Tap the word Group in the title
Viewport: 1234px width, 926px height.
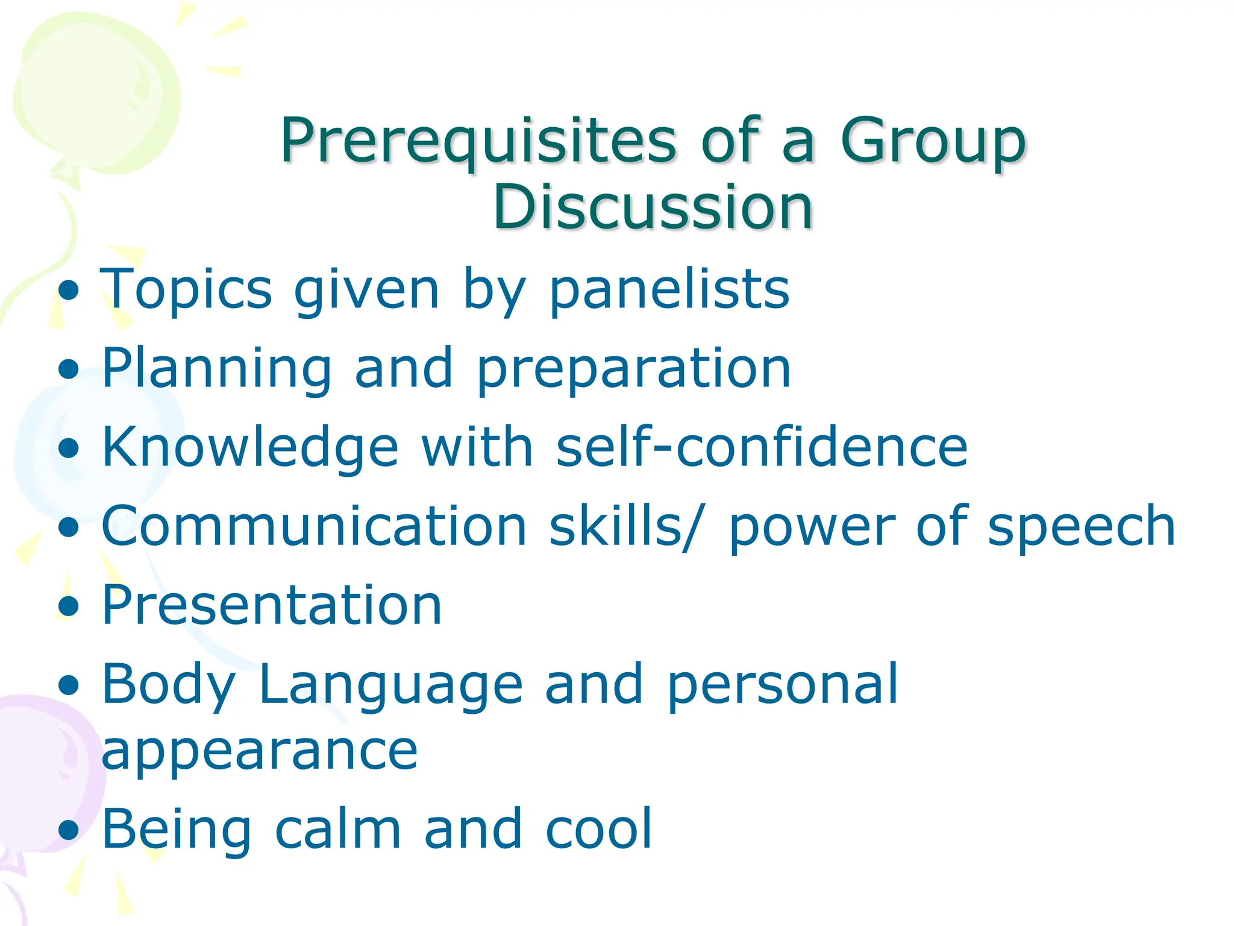pos(933,142)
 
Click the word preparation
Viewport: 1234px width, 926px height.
pos(633,369)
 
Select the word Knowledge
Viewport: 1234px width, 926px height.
pos(250,447)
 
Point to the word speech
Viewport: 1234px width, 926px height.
pos(1082,526)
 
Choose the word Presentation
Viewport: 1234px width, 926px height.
pos(272,605)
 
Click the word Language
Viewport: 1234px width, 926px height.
pos(391,685)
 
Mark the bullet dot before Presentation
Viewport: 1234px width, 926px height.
pos(69,605)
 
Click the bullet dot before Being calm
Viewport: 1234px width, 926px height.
pos(69,830)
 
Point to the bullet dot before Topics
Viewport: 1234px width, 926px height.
pos(69,290)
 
